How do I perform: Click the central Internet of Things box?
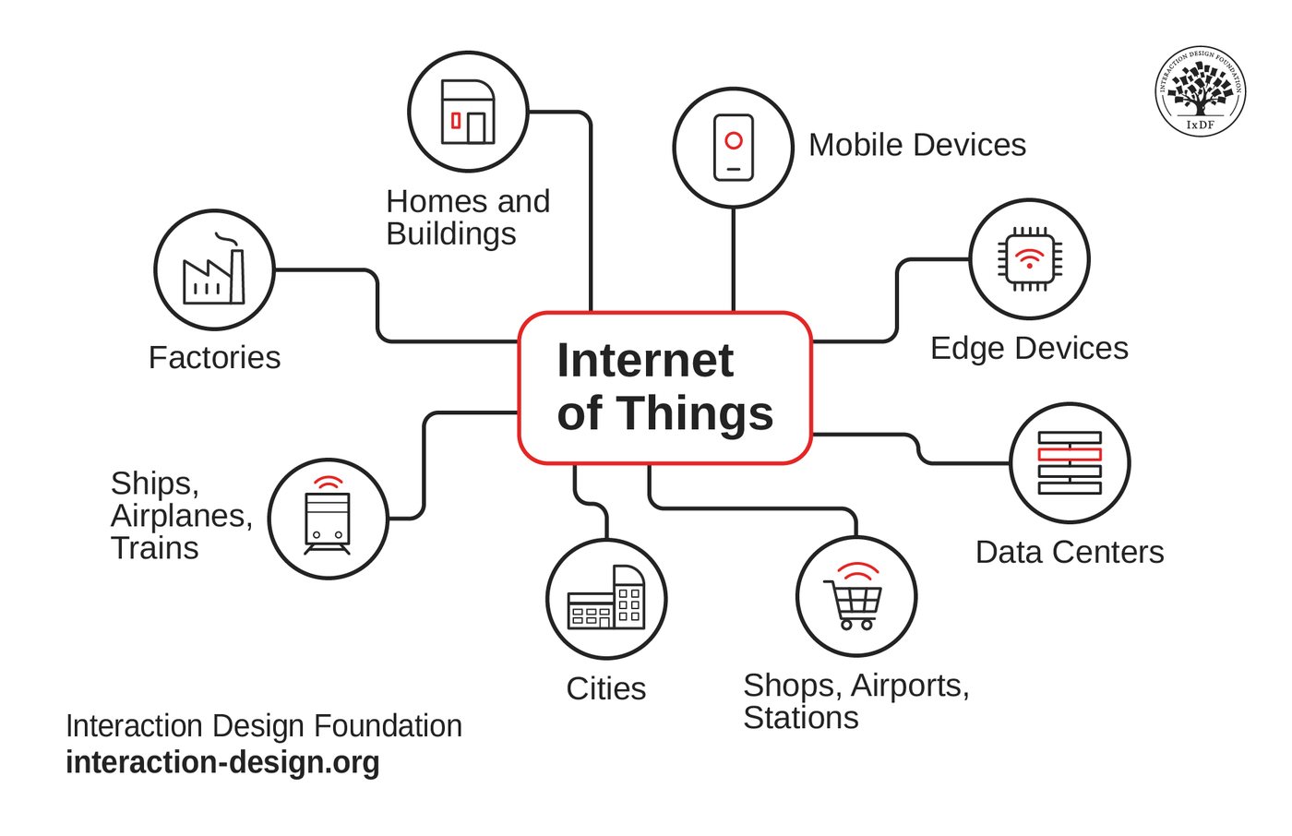pyautogui.click(x=665, y=388)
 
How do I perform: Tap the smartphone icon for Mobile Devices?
pyautogui.click(x=733, y=148)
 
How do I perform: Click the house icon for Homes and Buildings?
pyautogui.click(x=468, y=112)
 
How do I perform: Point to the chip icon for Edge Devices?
pyautogui.click(x=1030, y=259)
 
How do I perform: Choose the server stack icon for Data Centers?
pyautogui.click(x=1070, y=463)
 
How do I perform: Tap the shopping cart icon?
pyautogui.click(x=854, y=596)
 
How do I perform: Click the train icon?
pyautogui.click(x=327, y=516)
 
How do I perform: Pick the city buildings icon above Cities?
pyautogui.click(x=606, y=597)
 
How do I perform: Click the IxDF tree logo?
pyautogui.click(x=1201, y=91)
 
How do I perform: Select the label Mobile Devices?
pyautogui.click(x=917, y=145)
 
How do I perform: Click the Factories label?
pyautogui.click(x=214, y=357)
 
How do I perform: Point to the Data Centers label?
pyautogui.click(x=1070, y=553)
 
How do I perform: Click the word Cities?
pyautogui.click(x=606, y=688)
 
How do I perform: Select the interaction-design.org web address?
pyautogui.click(x=222, y=763)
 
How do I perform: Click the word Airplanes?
pyautogui.click(x=182, y=516)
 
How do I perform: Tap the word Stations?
pyautogui.click(x=801, y=718)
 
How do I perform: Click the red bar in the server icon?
pyautogui.click(x=1070, y=454)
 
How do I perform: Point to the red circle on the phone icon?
pyautogui.click(x=734, y=140)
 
